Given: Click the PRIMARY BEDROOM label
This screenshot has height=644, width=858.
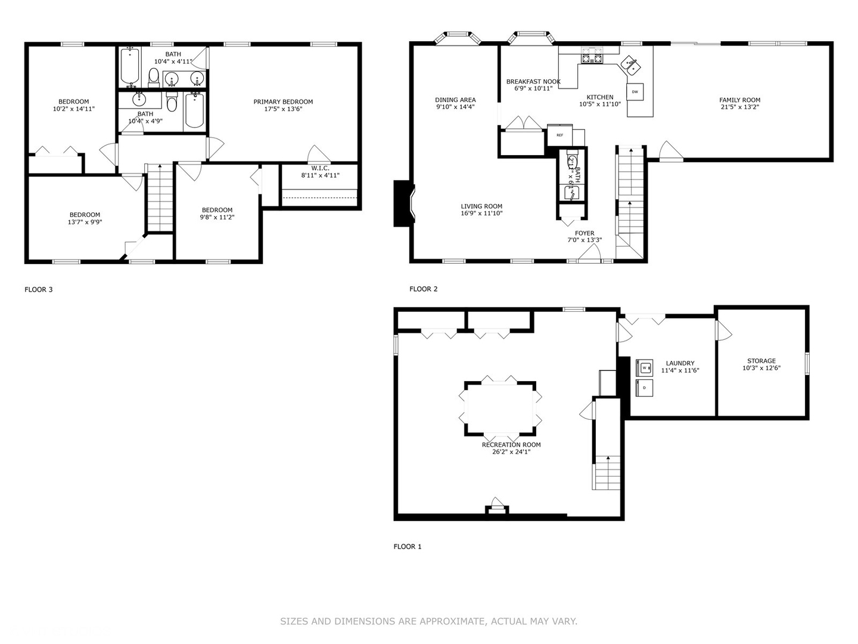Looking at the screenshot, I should (283, 101).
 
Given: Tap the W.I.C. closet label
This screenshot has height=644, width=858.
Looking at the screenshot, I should (320, 168).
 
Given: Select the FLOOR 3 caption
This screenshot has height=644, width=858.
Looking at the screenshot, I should (39, 290).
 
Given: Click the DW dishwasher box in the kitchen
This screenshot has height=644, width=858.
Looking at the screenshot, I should (635, 92).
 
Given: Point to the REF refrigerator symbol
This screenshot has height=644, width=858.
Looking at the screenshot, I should (559, 135).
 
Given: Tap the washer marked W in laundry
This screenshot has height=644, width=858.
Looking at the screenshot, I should (644, 368).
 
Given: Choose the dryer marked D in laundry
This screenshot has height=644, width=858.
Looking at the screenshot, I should (644, 388).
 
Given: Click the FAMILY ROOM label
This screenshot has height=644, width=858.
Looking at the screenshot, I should (739, 100).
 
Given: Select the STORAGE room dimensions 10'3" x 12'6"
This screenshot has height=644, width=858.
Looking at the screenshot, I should (761, 368).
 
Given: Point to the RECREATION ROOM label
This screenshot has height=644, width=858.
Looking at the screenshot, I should (511, 445).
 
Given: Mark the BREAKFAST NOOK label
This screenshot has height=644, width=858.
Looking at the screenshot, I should (533, 82).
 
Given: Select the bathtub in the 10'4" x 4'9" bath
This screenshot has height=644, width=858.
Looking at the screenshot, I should (195, 110).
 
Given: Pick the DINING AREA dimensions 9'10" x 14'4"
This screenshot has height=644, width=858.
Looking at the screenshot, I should (455, 107).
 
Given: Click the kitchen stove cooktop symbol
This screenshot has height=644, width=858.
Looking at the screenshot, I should (592, 58).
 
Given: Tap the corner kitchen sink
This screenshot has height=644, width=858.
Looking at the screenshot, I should (630, 64).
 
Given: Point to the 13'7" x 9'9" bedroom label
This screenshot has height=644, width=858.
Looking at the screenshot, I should (85, 215).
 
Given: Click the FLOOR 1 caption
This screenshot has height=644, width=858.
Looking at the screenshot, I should (408, 547).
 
